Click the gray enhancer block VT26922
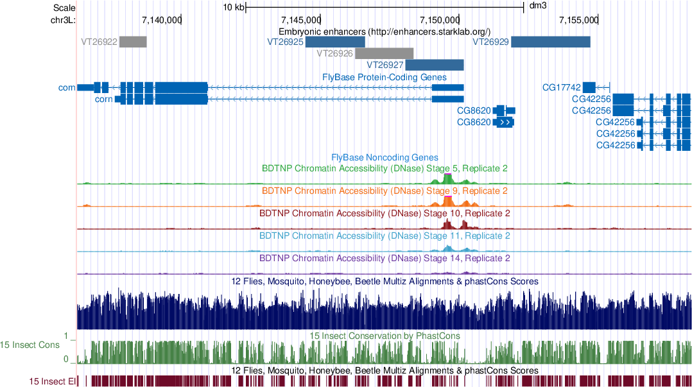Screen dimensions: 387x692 [133, 42]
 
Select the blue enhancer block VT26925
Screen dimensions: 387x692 [334, 42]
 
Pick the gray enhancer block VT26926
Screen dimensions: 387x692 [384, 53]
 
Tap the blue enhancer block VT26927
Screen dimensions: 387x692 [435, 65]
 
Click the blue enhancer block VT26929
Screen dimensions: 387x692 [550, 42]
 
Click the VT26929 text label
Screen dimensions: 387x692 [490, 42]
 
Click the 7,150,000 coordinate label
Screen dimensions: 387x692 [439, 20]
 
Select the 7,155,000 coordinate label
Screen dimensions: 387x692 [578, 20]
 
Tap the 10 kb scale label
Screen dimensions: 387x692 [234, 8]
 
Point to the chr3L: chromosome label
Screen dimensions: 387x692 [63, 20]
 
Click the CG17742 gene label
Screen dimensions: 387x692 [561, 87]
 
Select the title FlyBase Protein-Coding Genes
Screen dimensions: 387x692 [385, 77]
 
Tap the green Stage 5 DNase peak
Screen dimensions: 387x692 [449, 178]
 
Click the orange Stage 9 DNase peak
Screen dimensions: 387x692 [449, 200]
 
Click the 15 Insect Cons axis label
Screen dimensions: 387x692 [30, 345]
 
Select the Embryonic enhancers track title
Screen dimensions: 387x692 [385, 31]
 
